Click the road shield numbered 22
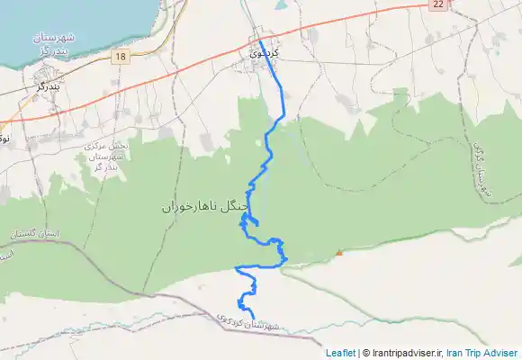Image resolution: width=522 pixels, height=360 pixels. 437,5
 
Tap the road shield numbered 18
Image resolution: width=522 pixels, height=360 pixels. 121,56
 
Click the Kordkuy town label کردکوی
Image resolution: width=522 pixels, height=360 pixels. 266,53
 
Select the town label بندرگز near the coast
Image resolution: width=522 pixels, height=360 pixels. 55,86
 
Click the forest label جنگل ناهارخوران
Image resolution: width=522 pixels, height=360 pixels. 204,206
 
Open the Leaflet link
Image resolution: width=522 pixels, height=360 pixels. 340,353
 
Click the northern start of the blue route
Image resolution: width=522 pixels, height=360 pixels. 260,40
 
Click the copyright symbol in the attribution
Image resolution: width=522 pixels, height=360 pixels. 365,353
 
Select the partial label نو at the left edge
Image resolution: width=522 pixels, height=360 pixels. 4,139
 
